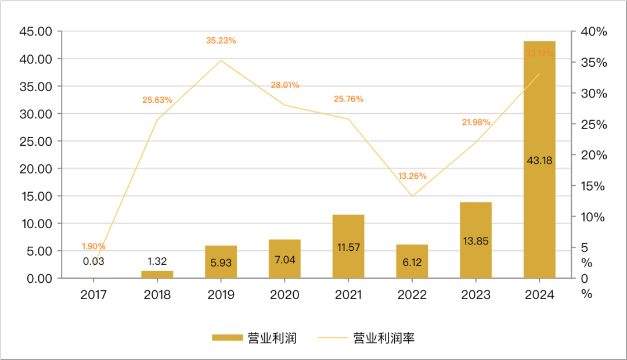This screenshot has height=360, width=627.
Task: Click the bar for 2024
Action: coord(539,160)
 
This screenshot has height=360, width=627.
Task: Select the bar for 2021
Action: coord(348,246)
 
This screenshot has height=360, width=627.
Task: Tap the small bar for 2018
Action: coord(157,275)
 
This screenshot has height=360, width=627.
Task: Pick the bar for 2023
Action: coord(475,240)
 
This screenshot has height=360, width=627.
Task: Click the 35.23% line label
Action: coord(221,41)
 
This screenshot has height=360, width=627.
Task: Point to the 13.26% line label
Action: coord(412,176)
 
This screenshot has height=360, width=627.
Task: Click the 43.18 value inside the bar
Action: coord(539,160)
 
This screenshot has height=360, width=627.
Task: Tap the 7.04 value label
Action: coord(284,260)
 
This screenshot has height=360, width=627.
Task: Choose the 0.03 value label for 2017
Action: coord(93,261)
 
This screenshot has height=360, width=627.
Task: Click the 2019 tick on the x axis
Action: coord(221,295)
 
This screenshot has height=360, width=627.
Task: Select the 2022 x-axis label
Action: coord(412,295)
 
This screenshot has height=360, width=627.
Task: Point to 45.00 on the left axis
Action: coord(36,31)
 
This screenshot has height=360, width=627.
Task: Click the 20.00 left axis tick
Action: coord(36,169)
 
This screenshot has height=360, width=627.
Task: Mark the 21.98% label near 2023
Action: coord(476,122)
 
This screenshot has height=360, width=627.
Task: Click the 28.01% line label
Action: coord(284,85)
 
